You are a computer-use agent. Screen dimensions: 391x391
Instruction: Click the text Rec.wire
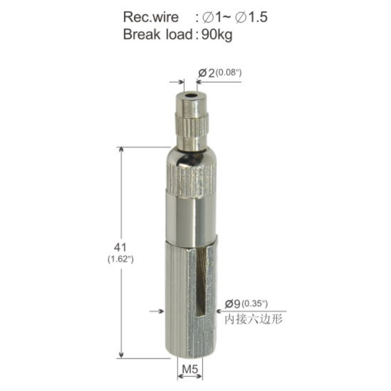point(151,17)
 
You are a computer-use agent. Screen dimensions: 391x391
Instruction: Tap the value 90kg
point(217,35)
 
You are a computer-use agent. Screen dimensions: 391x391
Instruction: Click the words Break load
point(157,34)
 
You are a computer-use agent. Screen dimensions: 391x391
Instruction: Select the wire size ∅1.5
point(251,17)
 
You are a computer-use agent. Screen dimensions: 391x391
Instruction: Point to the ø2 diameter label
point(206,73)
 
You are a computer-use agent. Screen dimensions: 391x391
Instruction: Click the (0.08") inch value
point(229,72)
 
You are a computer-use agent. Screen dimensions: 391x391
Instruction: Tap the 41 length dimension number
point(120,247)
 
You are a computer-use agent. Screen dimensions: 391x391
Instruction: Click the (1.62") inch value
point(120,259)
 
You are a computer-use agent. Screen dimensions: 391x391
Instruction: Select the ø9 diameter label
point(233,304)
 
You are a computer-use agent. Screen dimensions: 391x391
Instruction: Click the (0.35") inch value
point(255,304)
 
